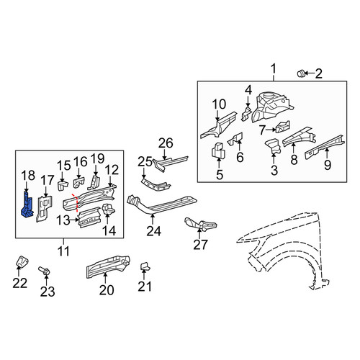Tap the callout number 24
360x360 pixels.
point(154,231)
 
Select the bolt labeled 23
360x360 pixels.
point(44,271)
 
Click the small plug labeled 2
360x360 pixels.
point(301,73)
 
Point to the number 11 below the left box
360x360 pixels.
point(63,251)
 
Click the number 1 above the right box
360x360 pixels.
point(274,68)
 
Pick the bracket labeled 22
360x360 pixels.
point(22,261)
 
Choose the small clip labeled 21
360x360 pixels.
point(145,266)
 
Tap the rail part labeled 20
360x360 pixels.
point(108,266)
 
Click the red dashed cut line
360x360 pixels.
point(76,203)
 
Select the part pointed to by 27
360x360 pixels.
point(200,224)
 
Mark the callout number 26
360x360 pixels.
point(166,143)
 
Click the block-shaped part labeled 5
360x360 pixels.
point(218,151)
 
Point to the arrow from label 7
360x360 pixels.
point(271,130)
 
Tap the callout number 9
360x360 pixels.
point(328,165)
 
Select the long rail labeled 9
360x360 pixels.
point(325,147)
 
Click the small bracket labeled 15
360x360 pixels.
point(63,186)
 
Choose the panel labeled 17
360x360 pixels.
point(44,208)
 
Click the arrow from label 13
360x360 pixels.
point(74,220)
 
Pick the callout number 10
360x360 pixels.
point(219,104)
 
